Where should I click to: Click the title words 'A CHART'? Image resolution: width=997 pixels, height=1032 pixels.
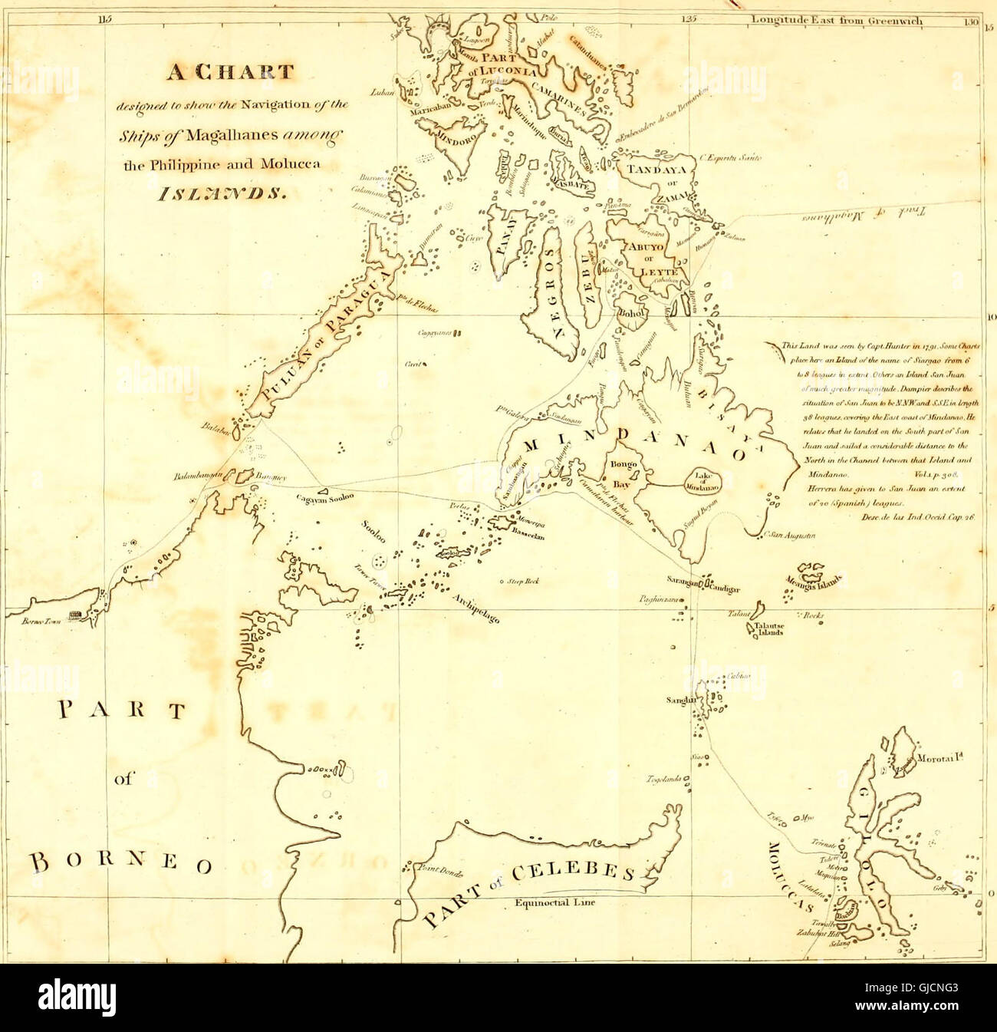tap(231, 73)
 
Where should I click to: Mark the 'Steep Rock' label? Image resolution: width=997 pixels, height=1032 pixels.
tap(523, 581)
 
